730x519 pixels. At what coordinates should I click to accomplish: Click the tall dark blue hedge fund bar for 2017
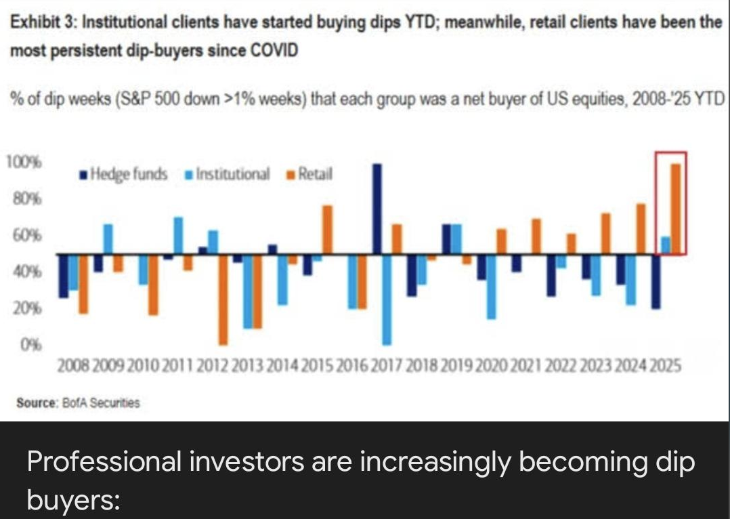point(377,209)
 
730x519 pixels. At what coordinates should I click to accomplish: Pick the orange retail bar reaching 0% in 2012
point(223,299)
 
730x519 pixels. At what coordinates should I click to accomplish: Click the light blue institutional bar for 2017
point(387,299)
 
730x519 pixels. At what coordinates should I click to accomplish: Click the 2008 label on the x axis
point(71,367)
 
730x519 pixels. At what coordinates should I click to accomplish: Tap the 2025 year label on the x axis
point(666,367)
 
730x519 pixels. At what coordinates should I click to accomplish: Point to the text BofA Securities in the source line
point(110,402)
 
